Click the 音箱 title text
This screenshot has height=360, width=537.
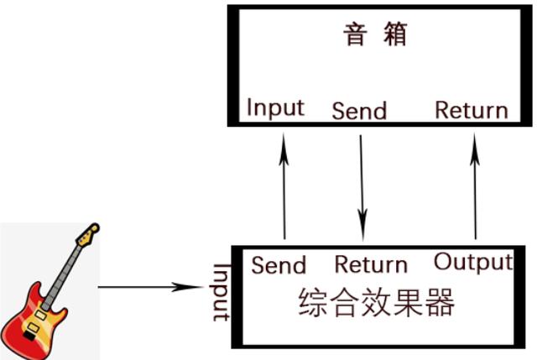[375, 36]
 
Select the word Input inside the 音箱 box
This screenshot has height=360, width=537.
[275, 108]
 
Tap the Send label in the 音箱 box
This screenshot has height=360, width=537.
[360, 111]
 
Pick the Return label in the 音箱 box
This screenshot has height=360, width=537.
[472, 110]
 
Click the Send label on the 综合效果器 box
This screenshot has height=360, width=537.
[279, 265]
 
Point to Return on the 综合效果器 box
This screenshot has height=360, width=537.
[371, 264]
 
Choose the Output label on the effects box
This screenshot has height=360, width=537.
[472, 262]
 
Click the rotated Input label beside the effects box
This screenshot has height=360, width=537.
[221, 292]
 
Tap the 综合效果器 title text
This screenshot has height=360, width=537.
[376, 303]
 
